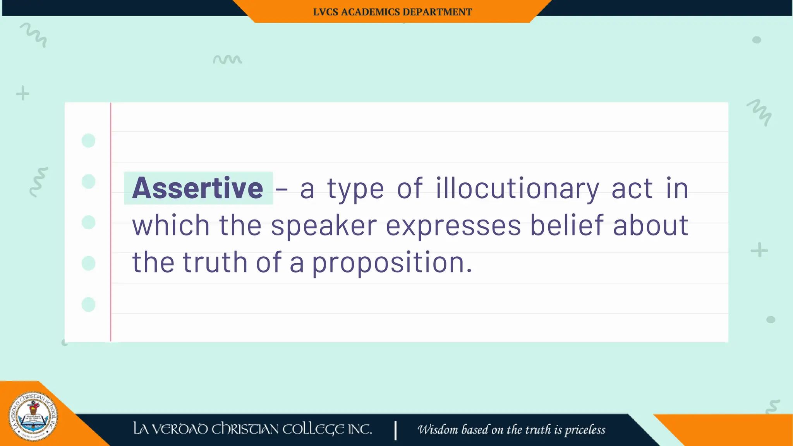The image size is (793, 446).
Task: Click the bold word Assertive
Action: pos(197,188)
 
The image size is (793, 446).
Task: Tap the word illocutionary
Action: pos(517,189)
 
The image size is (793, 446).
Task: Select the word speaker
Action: pos(324,226)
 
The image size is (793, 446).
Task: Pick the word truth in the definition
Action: pos(215,262)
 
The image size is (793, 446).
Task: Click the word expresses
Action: pos(453,226)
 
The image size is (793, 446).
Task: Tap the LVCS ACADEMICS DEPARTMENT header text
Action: pos(392,12)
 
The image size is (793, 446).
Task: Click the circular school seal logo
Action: pos(33,417)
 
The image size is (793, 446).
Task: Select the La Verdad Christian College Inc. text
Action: pos(252,429)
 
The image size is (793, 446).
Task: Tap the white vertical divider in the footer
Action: pos(395,430)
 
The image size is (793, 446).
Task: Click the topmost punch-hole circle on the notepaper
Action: pos(88,141)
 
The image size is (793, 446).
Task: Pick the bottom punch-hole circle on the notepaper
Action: pos(88,305)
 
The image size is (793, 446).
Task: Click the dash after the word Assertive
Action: pos(281,189)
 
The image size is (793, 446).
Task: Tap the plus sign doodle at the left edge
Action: pos(22,93)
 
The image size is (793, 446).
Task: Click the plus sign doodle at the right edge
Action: pos(759,250)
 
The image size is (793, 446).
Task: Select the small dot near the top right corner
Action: pos(756,40)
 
